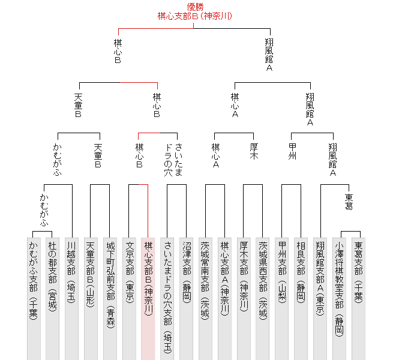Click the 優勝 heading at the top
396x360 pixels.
coord(195,7)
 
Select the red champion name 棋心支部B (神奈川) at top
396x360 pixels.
coord(195,16)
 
